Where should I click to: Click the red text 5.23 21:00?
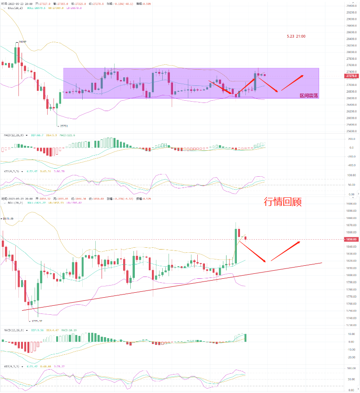pos(296,36)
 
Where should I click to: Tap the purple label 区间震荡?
pos(309,96)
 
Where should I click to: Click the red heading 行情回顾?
pos(282,202)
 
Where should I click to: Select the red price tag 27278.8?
pos(351,76)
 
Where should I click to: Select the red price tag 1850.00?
pos(351,239)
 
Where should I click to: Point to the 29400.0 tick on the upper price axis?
pos(351,6)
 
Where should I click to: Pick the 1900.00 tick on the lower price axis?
pos(351,204)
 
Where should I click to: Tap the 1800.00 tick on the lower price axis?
pos(351,275)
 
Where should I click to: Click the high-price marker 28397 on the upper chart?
pos(22,42)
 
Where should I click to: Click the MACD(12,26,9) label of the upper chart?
pos(13,135)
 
